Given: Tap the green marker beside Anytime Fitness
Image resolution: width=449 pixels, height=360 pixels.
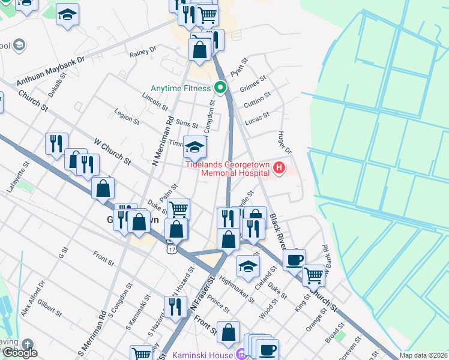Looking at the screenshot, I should coord(220,88).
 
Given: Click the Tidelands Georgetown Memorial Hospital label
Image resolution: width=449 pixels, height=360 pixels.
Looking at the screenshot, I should coord(227,168).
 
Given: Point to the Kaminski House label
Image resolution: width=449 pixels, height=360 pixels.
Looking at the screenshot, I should coord(203,355).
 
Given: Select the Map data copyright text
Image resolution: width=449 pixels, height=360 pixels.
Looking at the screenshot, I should coord(423,355).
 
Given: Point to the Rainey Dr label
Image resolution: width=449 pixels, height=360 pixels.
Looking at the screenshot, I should coord(142,53).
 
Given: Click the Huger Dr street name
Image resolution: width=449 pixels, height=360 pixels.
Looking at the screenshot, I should coord(283,141).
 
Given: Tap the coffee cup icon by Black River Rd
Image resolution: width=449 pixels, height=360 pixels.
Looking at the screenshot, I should coord(294,259).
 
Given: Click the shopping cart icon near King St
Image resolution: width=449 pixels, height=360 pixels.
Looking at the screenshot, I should coord(313,275).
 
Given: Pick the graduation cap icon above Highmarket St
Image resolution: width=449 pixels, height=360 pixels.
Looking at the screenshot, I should coord(247,266).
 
